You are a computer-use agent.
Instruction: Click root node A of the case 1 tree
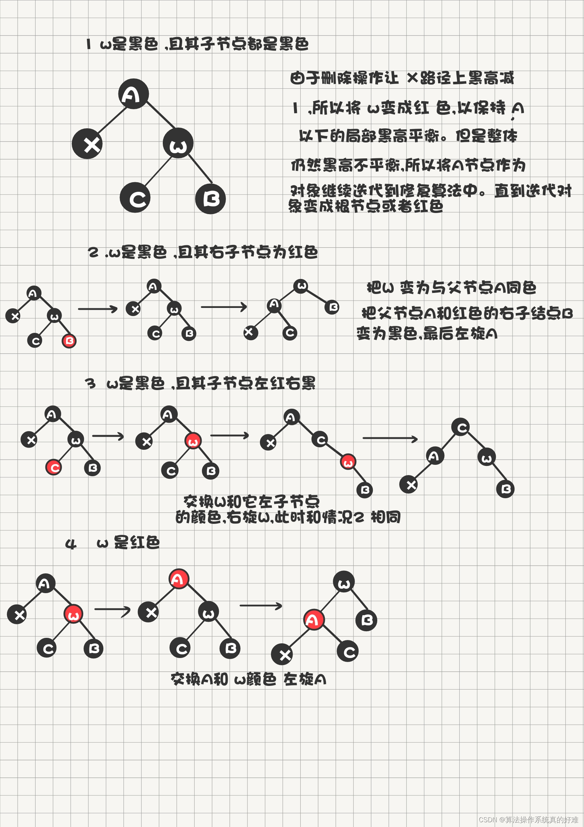pyautogui.click(x=133, y=94)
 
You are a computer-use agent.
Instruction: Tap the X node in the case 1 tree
pyautogui.click(x=87, y=144)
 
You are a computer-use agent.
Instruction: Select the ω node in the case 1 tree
pyautogui.click(x=178, y=143)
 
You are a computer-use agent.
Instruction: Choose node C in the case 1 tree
pyautogui.click(x=135, y=198)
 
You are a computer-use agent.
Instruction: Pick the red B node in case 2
pyautogui.click(x=69, y=341)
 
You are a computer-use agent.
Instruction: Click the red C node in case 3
pyautogui.click(x=54, y=467)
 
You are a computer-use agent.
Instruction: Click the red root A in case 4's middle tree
pyautogui.click(x=179, y=579)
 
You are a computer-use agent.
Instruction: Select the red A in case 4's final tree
pyautogui.click(x=314, y=620)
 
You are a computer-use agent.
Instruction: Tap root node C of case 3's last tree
pyautogui.click(x=461, y=427)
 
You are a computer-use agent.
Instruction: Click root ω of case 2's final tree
pyautogui.click(x=301, y=286)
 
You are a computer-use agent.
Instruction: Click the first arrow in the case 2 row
pyautogui.click(x=97, y=309)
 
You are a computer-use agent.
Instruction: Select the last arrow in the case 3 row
pyautogui.click(x=390, y=438)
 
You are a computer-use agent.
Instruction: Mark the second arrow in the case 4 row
pyautogui.click(x=261, y=606)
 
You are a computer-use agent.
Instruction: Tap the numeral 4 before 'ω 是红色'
pyautogui.click(x=70, y=544)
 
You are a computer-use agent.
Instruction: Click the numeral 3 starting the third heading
pyautogui.click(x=90, y=384)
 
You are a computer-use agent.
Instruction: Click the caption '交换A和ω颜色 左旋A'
pyautogui.click(x=248, y=679)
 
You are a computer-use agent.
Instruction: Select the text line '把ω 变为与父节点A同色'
pyautogui.click(x=451, y=288)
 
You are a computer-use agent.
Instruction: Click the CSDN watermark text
pyautogui.click(x=528, y=819)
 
